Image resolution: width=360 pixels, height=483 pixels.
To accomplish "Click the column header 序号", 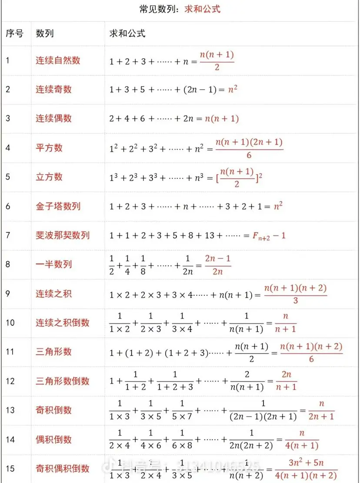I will pos(14,34).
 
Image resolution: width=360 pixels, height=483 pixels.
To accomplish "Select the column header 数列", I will pos(45,34).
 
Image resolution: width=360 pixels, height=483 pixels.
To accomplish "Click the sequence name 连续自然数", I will pos(58,60).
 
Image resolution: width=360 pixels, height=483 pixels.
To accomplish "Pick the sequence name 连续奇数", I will pos(53,89).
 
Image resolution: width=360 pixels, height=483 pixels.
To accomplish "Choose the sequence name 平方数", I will pos(49,148).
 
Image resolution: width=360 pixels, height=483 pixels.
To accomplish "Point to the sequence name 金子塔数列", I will pos(58,206).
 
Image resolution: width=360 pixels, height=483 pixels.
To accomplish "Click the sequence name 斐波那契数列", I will pos(63,235).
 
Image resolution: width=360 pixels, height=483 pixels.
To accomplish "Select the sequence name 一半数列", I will pos(53,264).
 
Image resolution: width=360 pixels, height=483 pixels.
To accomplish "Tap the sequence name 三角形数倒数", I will pos(63,381).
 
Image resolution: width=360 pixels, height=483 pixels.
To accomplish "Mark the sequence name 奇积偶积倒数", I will pos(63,469).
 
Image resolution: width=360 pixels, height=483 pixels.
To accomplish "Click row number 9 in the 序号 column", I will pos(8,293).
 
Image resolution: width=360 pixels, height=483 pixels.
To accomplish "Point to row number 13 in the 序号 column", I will pos(10,410).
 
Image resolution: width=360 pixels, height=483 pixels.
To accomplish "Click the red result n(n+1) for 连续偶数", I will pos(222,118).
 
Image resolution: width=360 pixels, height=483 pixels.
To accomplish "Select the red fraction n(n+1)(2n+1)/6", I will pos(249,148).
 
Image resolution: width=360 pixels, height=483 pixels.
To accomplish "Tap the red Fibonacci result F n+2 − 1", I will pos(269,235).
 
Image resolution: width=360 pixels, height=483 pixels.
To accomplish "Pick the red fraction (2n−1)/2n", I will pos(217,265).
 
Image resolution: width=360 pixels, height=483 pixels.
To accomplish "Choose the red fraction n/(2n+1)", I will pos(321,410).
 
